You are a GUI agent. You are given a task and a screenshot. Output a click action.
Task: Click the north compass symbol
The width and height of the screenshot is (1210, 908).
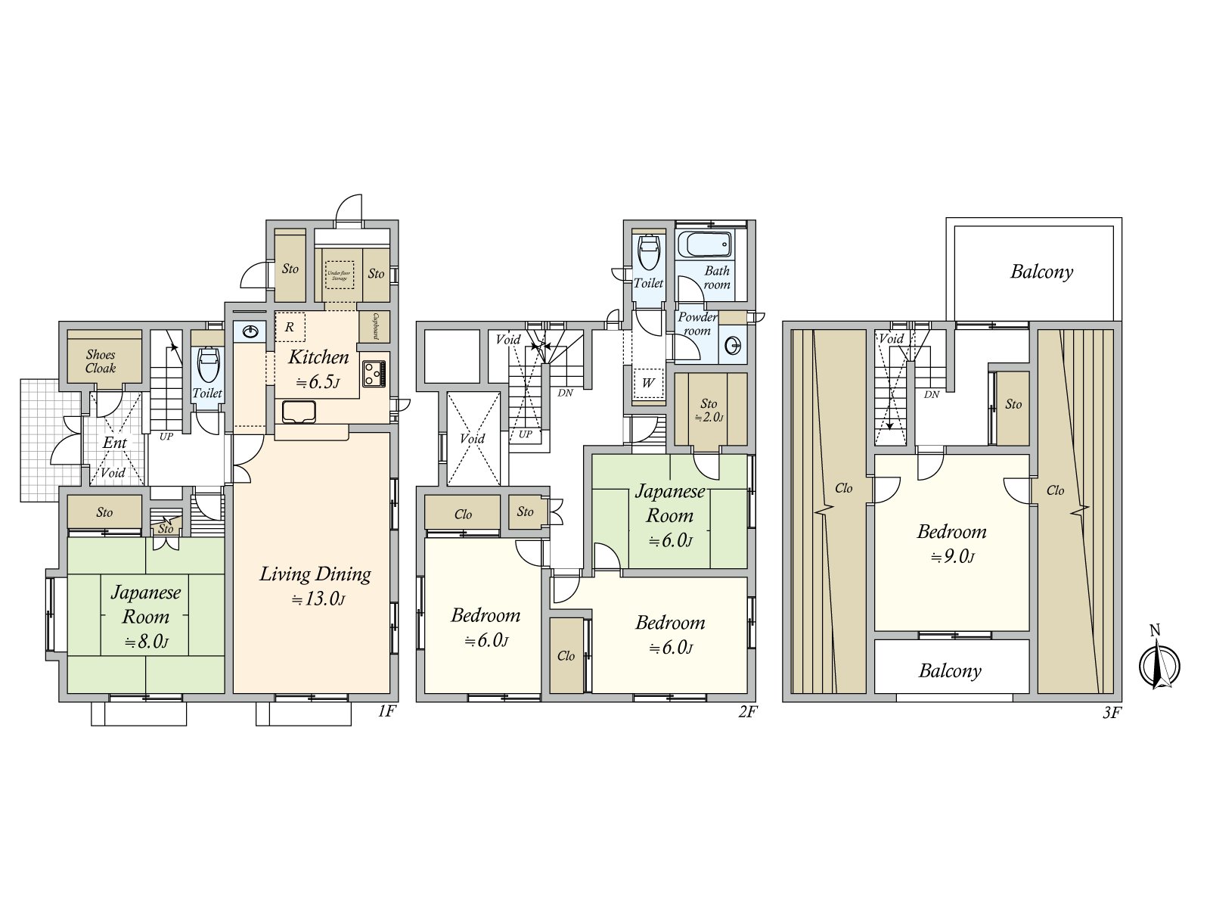pyautogui.click(x=1159, y=664)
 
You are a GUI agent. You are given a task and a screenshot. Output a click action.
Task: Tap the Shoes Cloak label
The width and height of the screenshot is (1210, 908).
pyautogui.click(x=101, y=361)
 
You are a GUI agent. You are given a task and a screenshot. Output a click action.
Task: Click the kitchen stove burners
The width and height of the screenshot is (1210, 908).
pyautogui.click(x=374, y=373)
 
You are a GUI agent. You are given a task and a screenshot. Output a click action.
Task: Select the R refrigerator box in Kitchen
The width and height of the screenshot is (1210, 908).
pyautogui.click(x=290, y=328)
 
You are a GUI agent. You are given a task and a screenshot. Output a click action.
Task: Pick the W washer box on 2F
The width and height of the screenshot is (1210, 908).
pyautogui.click(x=648, y=382)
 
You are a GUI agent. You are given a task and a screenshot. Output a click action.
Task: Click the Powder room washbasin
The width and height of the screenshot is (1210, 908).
pyautogui.click(x=733, y=346)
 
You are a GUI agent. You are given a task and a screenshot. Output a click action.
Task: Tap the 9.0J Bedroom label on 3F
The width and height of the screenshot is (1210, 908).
pyautogui.click(x=951, y=543)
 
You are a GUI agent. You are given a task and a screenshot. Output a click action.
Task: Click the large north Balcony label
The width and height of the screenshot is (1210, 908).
pyautogui.click(x=1041, y=272)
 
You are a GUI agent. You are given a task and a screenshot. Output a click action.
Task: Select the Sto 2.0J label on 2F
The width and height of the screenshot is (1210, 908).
pyautogui.click(x=709, y=409)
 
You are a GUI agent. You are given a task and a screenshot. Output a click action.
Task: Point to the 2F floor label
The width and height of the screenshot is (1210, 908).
pyautogui.click(x=747, y=711)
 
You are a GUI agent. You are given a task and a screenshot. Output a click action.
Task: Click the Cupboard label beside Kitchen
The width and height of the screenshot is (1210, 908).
pyautogui.click(x=376, y=325)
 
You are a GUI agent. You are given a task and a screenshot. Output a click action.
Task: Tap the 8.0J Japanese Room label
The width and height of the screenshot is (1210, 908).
pyautogui.click(x=146, y=616)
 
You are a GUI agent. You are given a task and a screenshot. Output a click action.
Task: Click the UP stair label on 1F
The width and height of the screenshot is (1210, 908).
pyautogui.click(x=166, y=437)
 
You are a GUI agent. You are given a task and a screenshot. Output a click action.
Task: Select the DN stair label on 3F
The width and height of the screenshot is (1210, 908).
pyautogui.click(x=932, y=394)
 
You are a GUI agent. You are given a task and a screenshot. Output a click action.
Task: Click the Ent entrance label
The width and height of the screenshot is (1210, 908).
pyautogui.click(x=115, y=443)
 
